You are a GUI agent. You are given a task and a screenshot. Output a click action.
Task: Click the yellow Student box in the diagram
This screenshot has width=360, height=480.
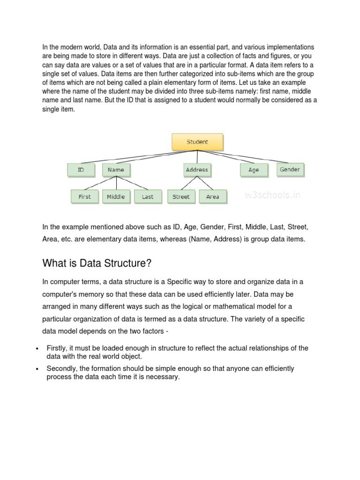tap(197, 142)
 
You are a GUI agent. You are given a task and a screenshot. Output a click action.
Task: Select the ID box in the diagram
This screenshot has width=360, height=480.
tap(81, 170)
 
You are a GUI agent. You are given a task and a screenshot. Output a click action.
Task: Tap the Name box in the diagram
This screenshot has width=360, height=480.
tap(116, 170)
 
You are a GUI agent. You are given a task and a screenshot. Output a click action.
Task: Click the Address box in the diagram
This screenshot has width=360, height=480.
tap(197, 170)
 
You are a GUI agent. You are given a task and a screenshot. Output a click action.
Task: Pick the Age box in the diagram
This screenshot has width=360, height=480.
tap(254, 170)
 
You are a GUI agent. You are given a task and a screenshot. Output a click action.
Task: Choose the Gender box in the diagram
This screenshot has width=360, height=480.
tap(290, 169)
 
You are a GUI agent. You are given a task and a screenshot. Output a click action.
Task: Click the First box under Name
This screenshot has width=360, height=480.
tap(85, 196)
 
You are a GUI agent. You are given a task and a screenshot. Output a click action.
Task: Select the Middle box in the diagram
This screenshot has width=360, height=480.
tap(116, 196)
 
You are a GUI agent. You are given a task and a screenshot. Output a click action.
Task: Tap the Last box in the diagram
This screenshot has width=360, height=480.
tap(148, 196)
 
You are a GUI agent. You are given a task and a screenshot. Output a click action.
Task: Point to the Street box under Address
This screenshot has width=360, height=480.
tap(181, 196)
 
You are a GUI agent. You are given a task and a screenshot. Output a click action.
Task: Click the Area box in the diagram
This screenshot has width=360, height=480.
tap(212, 196)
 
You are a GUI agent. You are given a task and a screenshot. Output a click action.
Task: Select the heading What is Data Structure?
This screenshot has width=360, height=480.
tap(97, 263)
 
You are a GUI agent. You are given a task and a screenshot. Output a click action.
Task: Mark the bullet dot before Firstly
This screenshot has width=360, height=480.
tap(37, 349)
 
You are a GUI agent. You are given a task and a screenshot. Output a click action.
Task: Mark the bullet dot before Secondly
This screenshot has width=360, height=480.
tap(37, 369)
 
